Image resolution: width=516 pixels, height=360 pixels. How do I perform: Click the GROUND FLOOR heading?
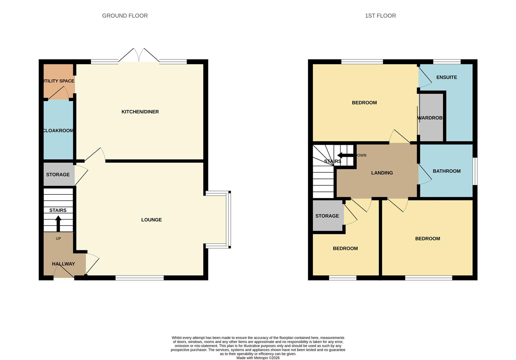tap(125, 16)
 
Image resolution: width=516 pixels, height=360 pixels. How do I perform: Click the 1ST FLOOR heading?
tap(380, 16)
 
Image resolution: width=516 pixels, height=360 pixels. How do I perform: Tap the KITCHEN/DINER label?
tap(140, 112)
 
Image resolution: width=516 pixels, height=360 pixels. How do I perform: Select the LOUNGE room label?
tap(151, 220)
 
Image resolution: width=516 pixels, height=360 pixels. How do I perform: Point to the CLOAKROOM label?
tap(58, 131)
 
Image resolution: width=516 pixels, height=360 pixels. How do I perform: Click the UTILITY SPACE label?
tap(59, 81)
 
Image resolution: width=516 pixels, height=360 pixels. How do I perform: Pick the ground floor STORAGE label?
tap(58, 175)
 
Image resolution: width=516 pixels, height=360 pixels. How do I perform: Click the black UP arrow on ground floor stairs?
tap(58, 223)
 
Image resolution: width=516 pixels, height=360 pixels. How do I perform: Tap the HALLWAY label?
tap(63, 264)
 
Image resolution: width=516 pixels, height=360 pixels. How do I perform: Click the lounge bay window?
tap(228, 219)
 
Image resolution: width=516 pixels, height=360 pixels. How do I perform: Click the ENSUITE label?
tap(446, 77)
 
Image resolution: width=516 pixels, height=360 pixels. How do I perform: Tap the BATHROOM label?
tap(446, 171)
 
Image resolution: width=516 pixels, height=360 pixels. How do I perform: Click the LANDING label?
tap(382, 173)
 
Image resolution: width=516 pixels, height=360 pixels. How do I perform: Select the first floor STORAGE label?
tap(327, 216)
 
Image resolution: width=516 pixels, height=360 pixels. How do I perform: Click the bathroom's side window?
tap(475, 171)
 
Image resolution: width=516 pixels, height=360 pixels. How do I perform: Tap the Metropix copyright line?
tap(258, 358)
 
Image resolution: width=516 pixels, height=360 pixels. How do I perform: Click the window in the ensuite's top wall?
tap(447, 62)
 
